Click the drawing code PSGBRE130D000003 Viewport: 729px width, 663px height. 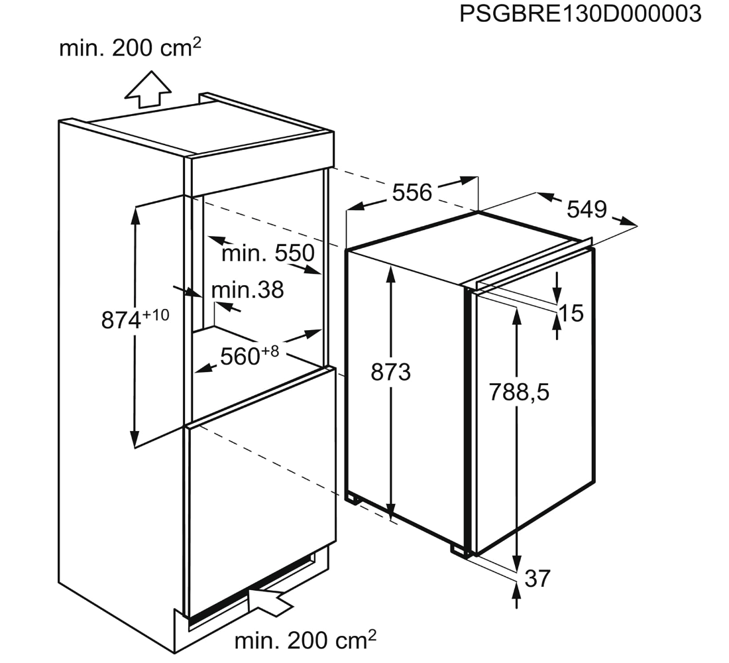(580, 14)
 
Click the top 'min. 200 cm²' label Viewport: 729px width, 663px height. (130, 48)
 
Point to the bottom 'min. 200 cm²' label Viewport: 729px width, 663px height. (305, 640)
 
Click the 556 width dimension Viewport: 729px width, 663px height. (412, 192)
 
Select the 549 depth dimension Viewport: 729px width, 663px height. (587, 209)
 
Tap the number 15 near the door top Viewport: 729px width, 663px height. (571, 313)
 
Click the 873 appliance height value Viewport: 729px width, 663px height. (390, 373)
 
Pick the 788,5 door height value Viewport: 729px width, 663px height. (520, 392)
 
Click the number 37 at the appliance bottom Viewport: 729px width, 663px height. (537, 578)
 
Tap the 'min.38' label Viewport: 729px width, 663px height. (247, 289)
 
